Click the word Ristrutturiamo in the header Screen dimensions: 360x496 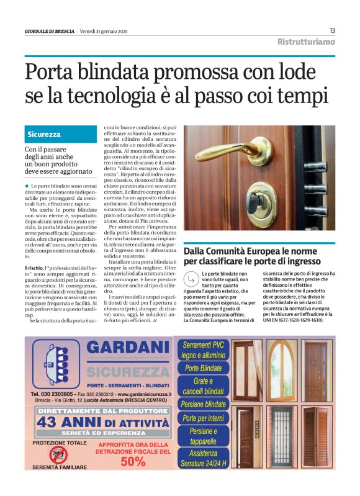tap(306, 42)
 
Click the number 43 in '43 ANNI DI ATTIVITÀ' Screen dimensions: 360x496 tap(49, 422)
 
